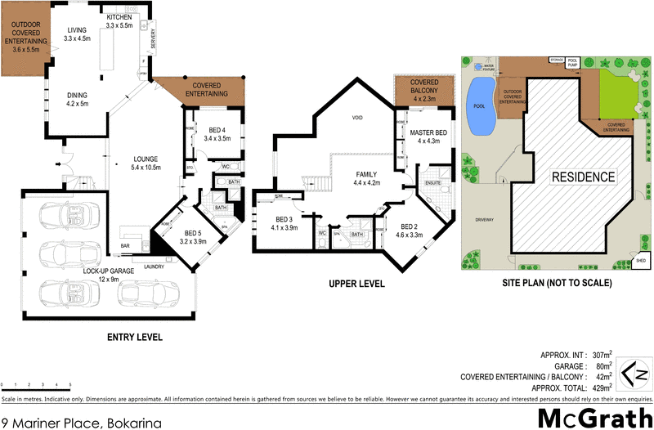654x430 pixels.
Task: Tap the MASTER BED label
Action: pos(428,137)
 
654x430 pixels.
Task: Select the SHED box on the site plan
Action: pos(640,262)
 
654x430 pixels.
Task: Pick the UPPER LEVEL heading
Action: pos(357,284)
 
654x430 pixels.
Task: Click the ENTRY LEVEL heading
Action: pos(135,337)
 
